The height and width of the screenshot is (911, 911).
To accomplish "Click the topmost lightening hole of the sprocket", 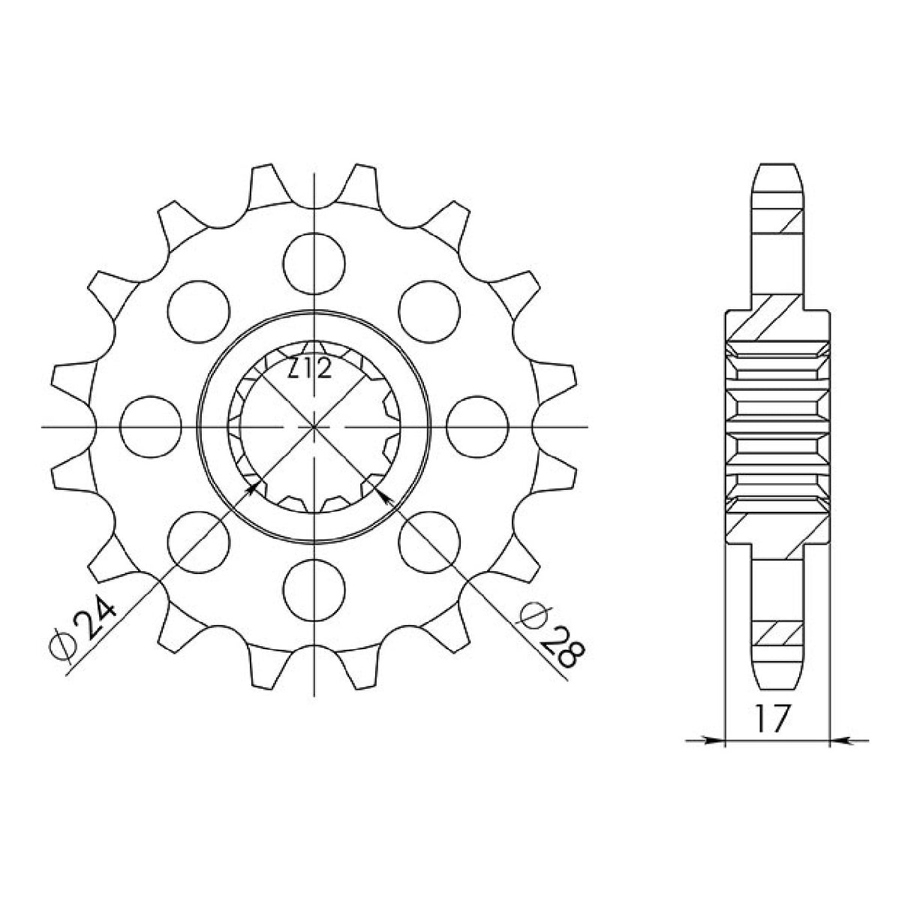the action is (x=314, y=263).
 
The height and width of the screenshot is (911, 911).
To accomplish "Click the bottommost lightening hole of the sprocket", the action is (x=314, y=591).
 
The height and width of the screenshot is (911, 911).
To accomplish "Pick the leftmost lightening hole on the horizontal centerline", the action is (x=151, y=427).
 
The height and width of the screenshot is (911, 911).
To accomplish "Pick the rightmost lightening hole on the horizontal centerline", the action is (x=477, y=427).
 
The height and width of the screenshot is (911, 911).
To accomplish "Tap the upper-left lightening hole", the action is (x=199, y=311).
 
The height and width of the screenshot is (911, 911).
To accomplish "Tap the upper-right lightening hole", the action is (x=429, y=311).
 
